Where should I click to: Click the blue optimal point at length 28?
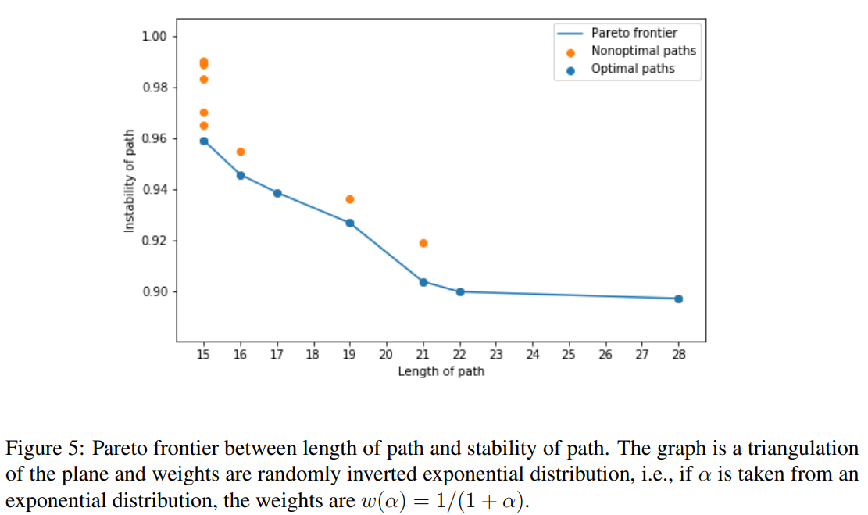[678, 299]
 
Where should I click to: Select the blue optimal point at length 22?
[460, 291]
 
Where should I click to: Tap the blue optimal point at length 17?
[277, 193]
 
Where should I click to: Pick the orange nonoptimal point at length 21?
[423, 243]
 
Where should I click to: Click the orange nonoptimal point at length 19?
[350, 199]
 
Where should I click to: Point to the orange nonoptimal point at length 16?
[241, 152]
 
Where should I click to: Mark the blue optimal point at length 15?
[204, 141]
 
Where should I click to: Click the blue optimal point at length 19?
[350, 223]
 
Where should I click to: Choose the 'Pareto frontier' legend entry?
[634, 33]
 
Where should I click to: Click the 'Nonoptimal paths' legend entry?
[643, 51]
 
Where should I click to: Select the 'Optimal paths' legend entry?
[633, 69]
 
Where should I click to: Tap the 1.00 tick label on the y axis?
[154, 37]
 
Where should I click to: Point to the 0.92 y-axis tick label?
[154, 241]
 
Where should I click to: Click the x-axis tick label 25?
[568, 355]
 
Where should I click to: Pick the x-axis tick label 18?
[313, 355]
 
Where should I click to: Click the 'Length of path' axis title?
[441, 371]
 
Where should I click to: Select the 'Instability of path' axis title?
[130, 181]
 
